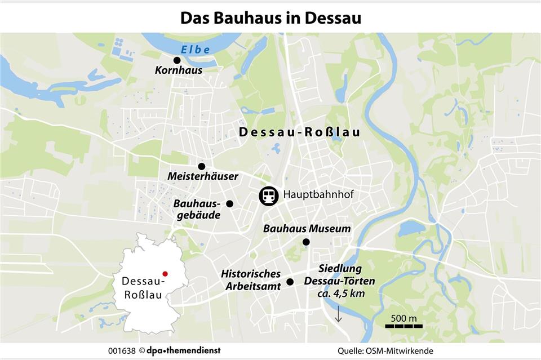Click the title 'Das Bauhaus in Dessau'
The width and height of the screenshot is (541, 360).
click(x=270, y=17)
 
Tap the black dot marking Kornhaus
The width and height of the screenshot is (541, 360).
click(x=177, y=60)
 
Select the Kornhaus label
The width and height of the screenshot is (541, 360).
click(x=178, y=71)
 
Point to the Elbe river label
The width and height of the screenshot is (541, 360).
click(x=196, y=50)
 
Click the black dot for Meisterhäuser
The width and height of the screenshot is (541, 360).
click(x=201, y=166)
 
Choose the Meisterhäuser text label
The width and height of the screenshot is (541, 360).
click(x=203, y=177)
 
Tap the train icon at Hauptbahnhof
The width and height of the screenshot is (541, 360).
click(x=269, y=196)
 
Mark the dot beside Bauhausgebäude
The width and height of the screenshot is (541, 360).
click(x=229, y=203)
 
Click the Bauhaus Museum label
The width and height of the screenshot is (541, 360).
click(x=307, y=229)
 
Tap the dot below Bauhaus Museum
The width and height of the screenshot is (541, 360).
click(x=306, y=242)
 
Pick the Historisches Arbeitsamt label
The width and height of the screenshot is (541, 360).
click(x=251, y=280)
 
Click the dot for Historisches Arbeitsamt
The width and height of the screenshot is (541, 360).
click(x=290, y=282)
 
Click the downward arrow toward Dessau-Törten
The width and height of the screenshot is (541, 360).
click(x=339, y=314)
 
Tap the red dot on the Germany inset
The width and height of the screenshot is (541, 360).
click(x=165, y=273)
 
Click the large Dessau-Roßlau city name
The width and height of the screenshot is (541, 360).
click(x=299, y=133)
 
